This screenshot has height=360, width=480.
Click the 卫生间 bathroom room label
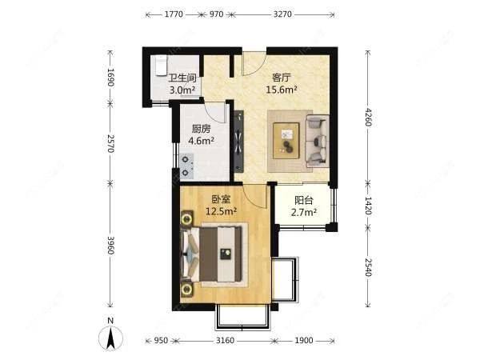(x=182, y=78)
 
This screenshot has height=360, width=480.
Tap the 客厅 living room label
(x=282, y=78)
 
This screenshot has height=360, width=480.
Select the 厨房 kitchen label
(x=201, y=129)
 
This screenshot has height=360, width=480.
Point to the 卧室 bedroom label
(x=221, y=199)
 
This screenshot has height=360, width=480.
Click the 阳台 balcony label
(x=304, y=200)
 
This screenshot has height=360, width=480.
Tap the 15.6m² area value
(x=282, y=90)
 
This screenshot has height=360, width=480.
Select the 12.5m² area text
(x=221, y=211)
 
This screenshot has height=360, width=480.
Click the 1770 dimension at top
(x=174, y=14)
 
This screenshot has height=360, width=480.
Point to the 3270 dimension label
(x=282, y=14)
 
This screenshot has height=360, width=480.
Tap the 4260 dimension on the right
(x=368, y=117)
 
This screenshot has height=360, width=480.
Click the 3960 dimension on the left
(x=110, y=246)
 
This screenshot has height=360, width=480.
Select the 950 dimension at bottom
(x=161, y=341)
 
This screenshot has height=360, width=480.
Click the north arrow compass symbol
(x=110, y=338)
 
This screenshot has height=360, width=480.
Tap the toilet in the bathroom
(x=161, y=66)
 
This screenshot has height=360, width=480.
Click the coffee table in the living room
(x=286, y=141)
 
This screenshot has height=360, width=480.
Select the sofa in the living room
(x=318, y=141)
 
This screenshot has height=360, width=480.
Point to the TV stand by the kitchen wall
(x=239, y=141)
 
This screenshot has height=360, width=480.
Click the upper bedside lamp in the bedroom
(x=186, y=219)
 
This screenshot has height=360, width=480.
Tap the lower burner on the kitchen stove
(x=186, y=173)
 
